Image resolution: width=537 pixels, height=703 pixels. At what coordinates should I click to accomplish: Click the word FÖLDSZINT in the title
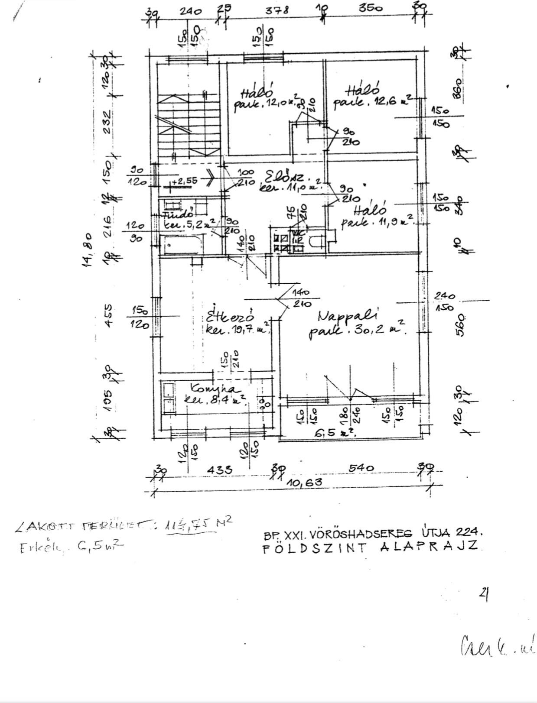point(315,548)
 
